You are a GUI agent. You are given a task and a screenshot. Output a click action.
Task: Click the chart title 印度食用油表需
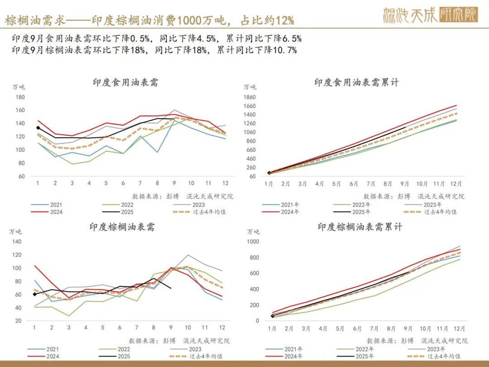click(x=125, y=82)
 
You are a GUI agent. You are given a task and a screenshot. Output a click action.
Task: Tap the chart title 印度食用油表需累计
click(x=357, y=82)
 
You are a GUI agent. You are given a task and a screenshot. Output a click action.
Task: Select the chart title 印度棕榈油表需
click(x=122, y=227)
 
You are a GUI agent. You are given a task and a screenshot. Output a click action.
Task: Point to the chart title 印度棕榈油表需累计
click(x=360, y=227)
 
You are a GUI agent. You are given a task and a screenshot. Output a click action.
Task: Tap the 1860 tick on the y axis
click(x=249, y=97)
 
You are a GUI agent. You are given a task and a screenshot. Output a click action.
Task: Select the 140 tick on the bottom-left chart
click(x=17, y=241)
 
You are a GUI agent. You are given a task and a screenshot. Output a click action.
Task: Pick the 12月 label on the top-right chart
click(x=456, y=184)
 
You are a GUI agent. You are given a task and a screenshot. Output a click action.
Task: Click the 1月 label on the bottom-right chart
click(x=272, y=328)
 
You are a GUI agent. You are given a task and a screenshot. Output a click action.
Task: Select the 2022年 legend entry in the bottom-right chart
click(x=364, y=349)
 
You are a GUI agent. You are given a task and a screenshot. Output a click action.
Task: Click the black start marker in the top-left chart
click(x=38, y=128)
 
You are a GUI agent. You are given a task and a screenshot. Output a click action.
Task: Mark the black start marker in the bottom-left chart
click(x=35, y=295)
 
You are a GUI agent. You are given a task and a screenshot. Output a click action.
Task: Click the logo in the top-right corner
click(x=430, y=15)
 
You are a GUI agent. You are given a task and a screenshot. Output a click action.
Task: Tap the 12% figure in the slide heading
click(x=284, y=20)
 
